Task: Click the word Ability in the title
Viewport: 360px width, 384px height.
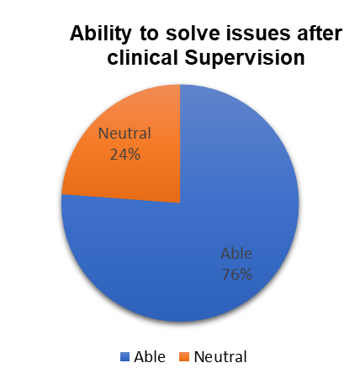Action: point(100,34)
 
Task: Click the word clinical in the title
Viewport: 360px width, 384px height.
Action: point(142,58)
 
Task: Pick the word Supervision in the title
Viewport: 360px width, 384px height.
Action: point(244,58)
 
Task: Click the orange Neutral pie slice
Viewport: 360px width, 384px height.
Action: point(132,157)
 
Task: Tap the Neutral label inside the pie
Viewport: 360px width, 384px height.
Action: point(124,133)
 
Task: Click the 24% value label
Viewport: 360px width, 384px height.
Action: point(124,154)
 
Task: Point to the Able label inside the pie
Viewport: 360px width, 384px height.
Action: point(236,254)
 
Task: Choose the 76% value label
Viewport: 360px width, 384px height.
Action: point(237,275)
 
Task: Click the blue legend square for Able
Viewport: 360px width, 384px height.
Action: point(124,357)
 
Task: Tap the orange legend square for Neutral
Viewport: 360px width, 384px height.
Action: point(184,357)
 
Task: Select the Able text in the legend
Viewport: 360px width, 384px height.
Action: point(150,357)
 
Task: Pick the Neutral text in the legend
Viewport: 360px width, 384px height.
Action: point(220,357)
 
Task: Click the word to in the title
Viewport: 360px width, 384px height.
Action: point(148,34)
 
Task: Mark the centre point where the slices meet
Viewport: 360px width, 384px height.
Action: point(180,203)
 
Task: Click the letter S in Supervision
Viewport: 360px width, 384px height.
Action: point(192,58)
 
